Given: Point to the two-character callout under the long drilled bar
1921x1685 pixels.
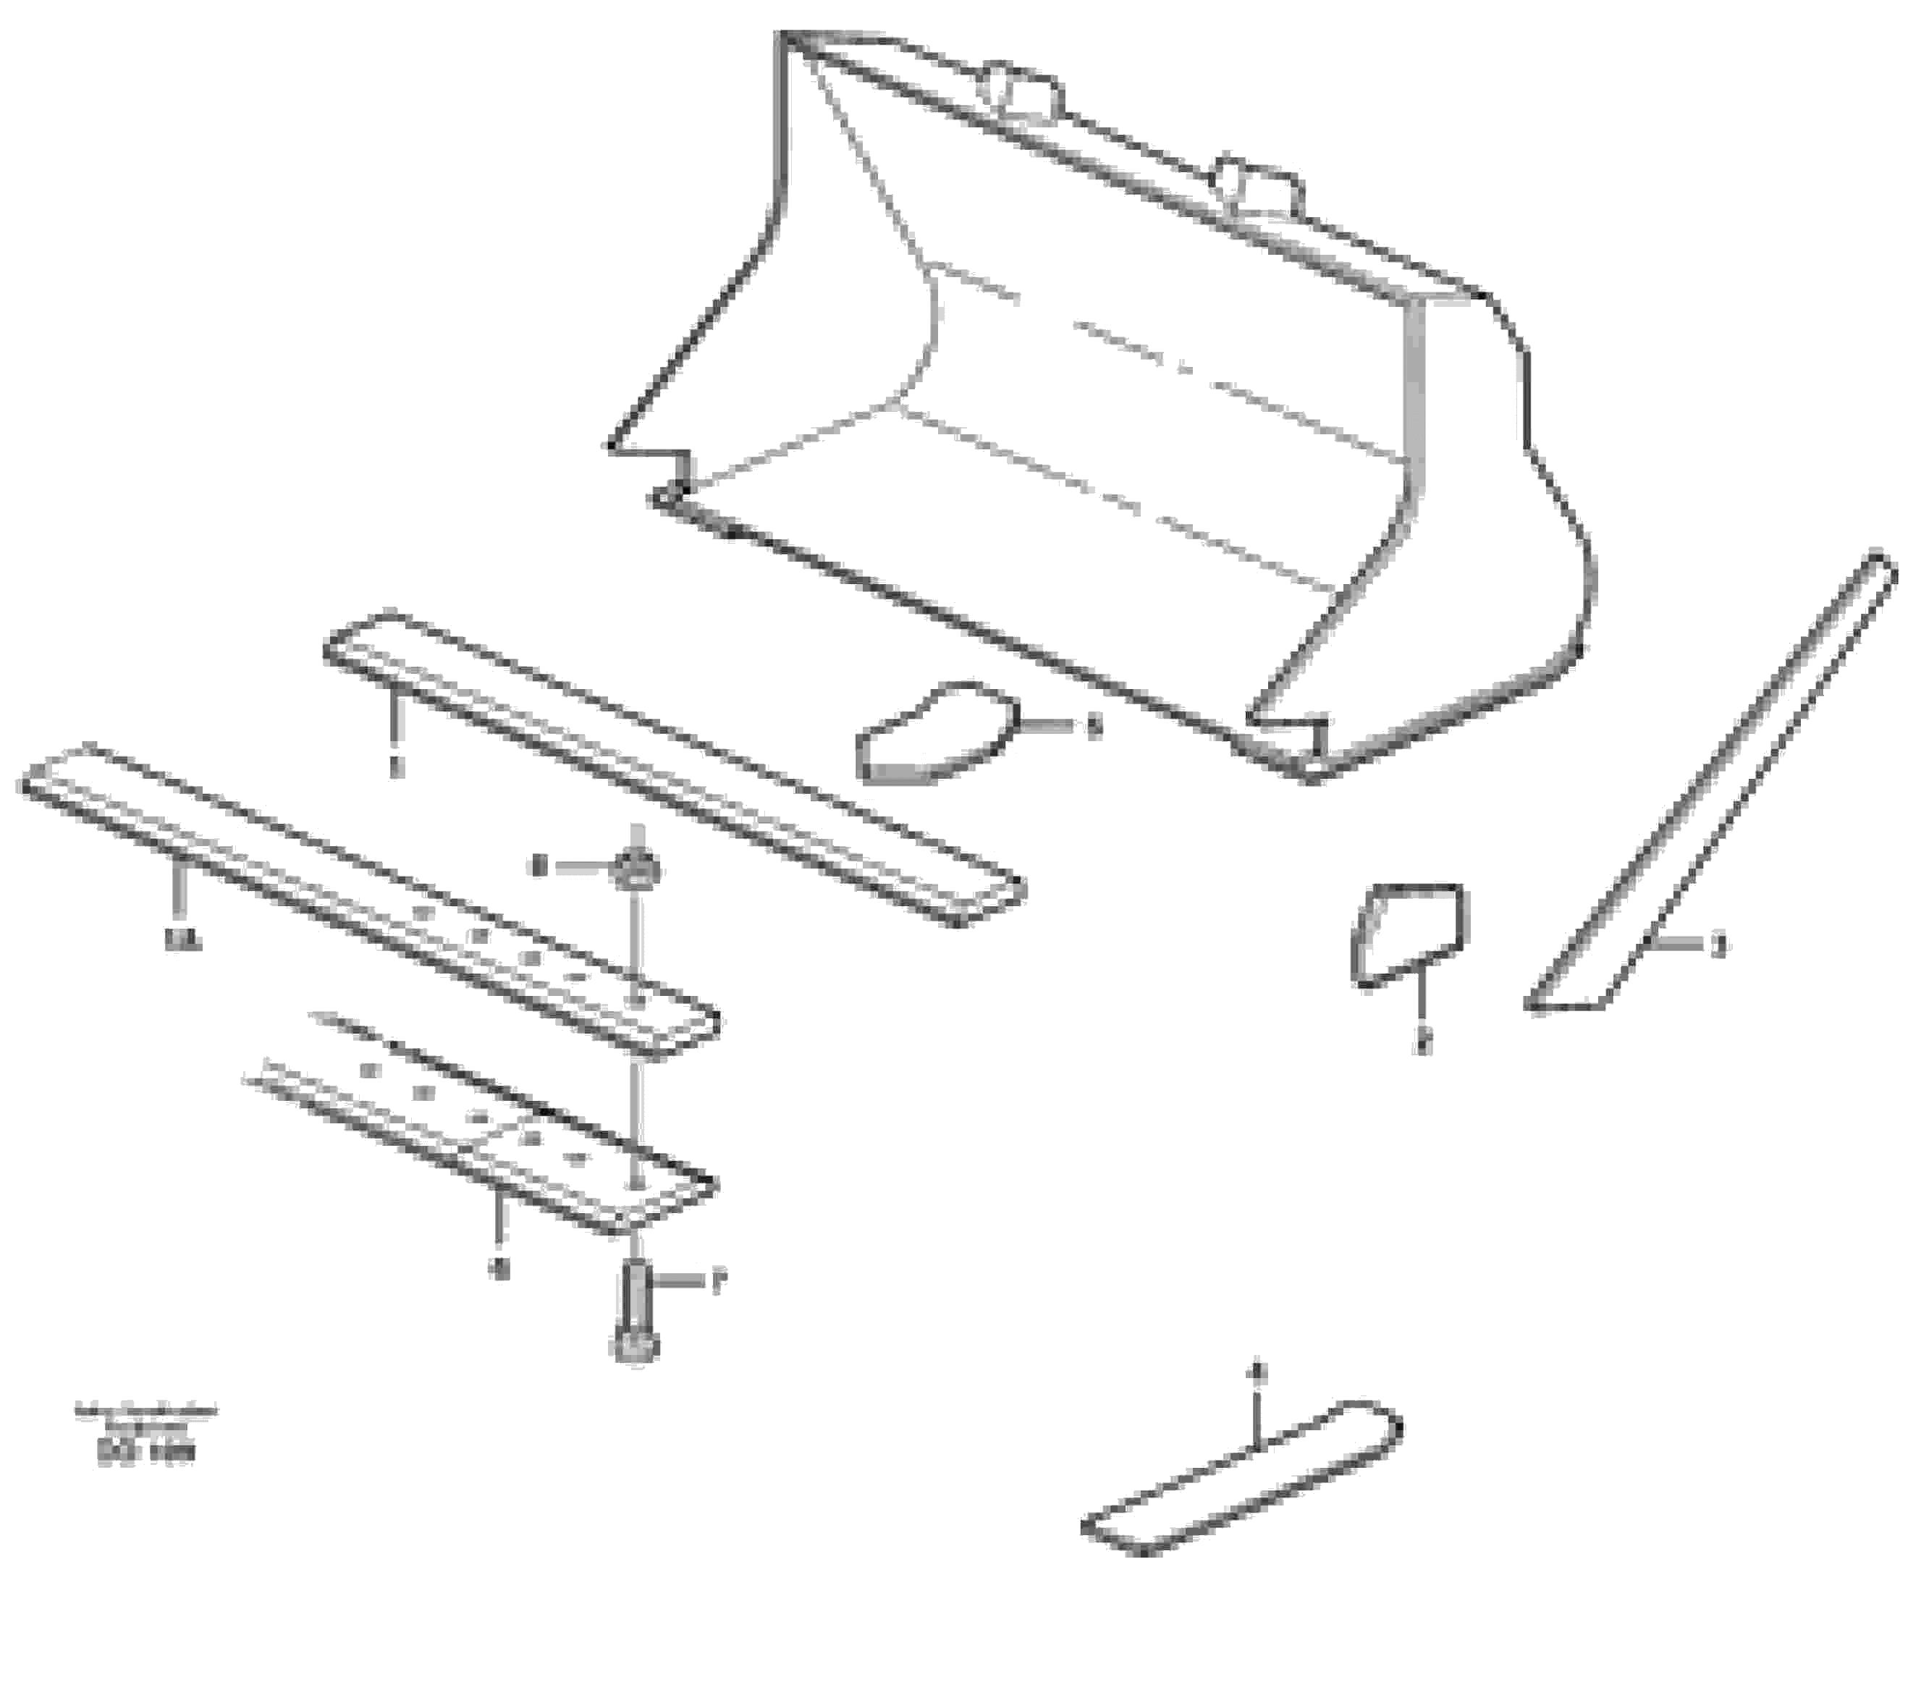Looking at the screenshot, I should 177,939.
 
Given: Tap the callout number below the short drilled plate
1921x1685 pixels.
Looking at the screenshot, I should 500,1270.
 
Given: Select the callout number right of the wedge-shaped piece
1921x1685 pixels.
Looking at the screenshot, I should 1093,727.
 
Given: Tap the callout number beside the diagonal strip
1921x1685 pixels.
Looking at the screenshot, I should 1718,945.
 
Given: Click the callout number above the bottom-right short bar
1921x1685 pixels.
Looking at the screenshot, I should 1260,1374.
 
